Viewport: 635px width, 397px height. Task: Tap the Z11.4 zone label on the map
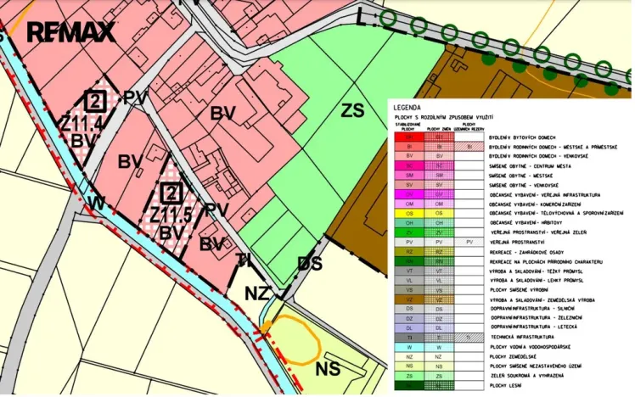81,124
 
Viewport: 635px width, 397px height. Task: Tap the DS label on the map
309,264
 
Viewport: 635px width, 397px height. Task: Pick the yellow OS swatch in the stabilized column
409,213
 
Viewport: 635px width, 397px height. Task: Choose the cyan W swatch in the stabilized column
409,347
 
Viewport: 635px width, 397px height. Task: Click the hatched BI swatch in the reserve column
469,146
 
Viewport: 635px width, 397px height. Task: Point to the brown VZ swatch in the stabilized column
409,299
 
